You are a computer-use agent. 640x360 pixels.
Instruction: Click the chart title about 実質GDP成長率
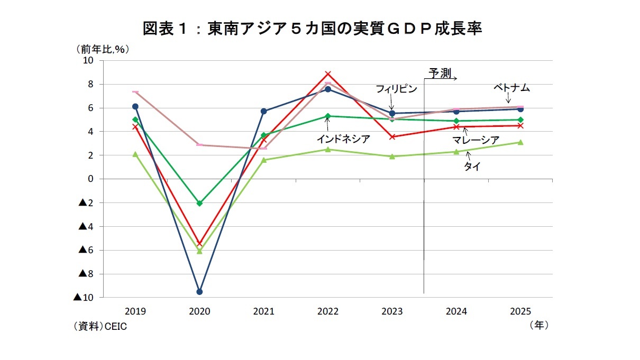pos(312,29)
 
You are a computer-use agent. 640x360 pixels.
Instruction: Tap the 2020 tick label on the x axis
pos(199,311)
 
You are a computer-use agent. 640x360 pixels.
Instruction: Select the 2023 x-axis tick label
pos(392,311)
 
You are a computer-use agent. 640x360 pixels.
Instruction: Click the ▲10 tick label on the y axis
pos(83,298)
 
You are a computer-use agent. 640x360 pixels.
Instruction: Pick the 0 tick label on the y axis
pos(90,179)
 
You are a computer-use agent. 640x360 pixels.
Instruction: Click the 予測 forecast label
pos(440,73)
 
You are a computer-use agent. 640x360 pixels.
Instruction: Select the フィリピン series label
pos(396,89)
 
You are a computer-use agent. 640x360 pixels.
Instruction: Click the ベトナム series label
pos(511,88)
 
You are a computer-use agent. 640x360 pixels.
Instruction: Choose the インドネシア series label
pos(343,139)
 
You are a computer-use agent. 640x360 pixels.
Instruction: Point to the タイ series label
pos(472,167)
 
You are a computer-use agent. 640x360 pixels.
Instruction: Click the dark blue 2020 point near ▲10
pos(199,292)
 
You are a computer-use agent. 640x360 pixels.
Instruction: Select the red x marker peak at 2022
pos(328,74)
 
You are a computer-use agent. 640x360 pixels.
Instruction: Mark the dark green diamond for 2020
pos(199,203)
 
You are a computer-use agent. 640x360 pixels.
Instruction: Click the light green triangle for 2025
pos(520,142)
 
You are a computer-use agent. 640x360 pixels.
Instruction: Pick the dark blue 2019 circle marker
pos(135,106)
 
